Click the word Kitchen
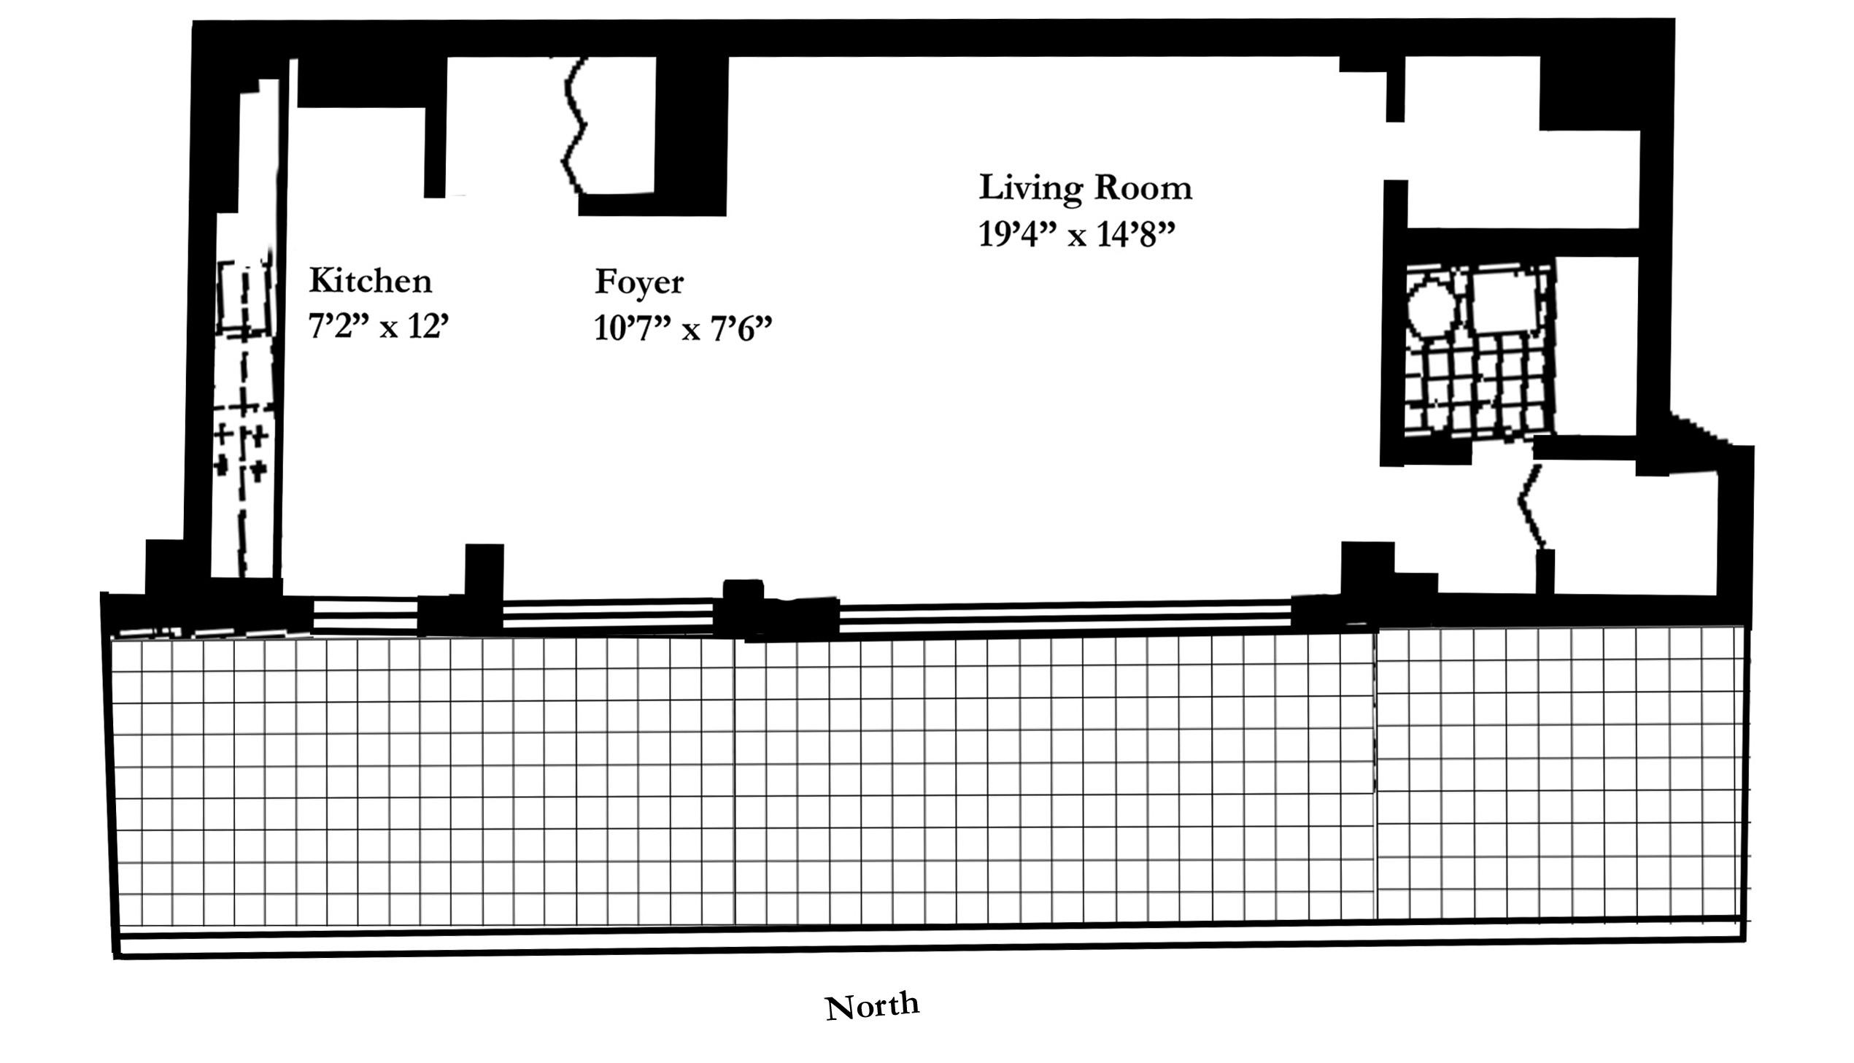(370, 281)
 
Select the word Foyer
(639, 283)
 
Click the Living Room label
(1086, 188)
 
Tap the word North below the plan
(872, 1007)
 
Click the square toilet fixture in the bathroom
(1504, 301)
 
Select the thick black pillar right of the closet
(690, 136)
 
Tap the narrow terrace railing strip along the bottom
(931, 940)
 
